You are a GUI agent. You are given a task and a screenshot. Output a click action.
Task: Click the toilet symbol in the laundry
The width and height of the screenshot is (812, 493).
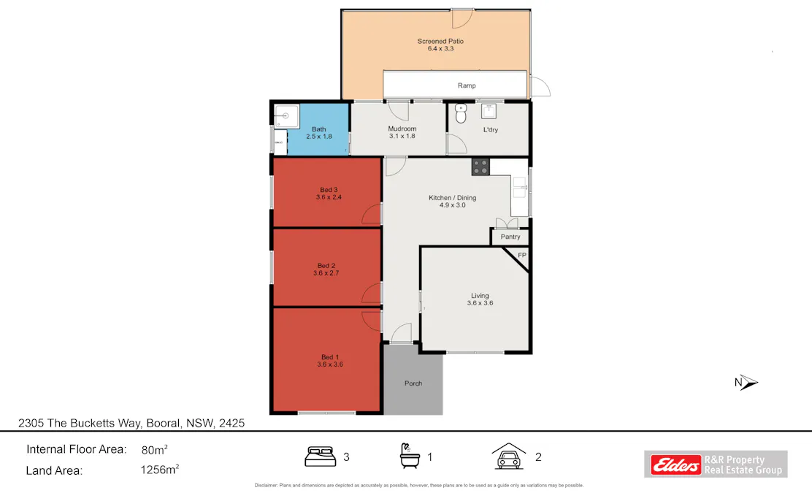[x=461, y=114]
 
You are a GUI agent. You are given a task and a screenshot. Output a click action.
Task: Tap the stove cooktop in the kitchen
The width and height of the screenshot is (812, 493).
[x=480, y=167]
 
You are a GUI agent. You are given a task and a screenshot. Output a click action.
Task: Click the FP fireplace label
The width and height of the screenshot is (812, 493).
[x=521, y=255]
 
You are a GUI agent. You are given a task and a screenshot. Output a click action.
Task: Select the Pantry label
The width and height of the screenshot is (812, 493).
[x=510, y=237]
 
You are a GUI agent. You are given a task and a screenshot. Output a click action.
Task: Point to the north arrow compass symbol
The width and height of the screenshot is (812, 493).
[x=747, y=382]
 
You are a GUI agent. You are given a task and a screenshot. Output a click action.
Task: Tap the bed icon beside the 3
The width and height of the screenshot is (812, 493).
[x=320, y=457]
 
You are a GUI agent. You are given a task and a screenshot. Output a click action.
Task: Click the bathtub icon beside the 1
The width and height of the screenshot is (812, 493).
[x=410, y=456]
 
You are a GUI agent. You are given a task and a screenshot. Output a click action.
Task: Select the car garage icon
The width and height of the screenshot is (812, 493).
[x=509, y=456]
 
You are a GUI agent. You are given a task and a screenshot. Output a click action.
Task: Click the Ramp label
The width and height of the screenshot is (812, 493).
[x=467, y=85]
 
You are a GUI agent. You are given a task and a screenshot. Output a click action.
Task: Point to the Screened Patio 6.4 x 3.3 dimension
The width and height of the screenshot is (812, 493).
[x=440, y=48]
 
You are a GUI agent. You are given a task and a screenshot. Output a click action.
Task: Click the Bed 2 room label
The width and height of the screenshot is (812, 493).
[x=326, y=265]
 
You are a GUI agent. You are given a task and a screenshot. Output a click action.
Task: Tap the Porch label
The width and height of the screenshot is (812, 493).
[x=413, y=383]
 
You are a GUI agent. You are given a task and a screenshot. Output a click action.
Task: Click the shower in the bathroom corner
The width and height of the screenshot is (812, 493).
[x=285, y=115]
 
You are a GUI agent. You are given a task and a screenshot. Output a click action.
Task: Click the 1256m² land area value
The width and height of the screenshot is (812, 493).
[x=160, y=470]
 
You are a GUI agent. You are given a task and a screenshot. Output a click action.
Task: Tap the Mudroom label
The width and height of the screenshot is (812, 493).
[x=402, y=129]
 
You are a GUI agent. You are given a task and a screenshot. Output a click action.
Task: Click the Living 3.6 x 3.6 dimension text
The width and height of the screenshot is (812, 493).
[x=480, y=302]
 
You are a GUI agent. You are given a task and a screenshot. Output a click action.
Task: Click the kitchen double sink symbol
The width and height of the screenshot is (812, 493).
[x=519, y=188]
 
